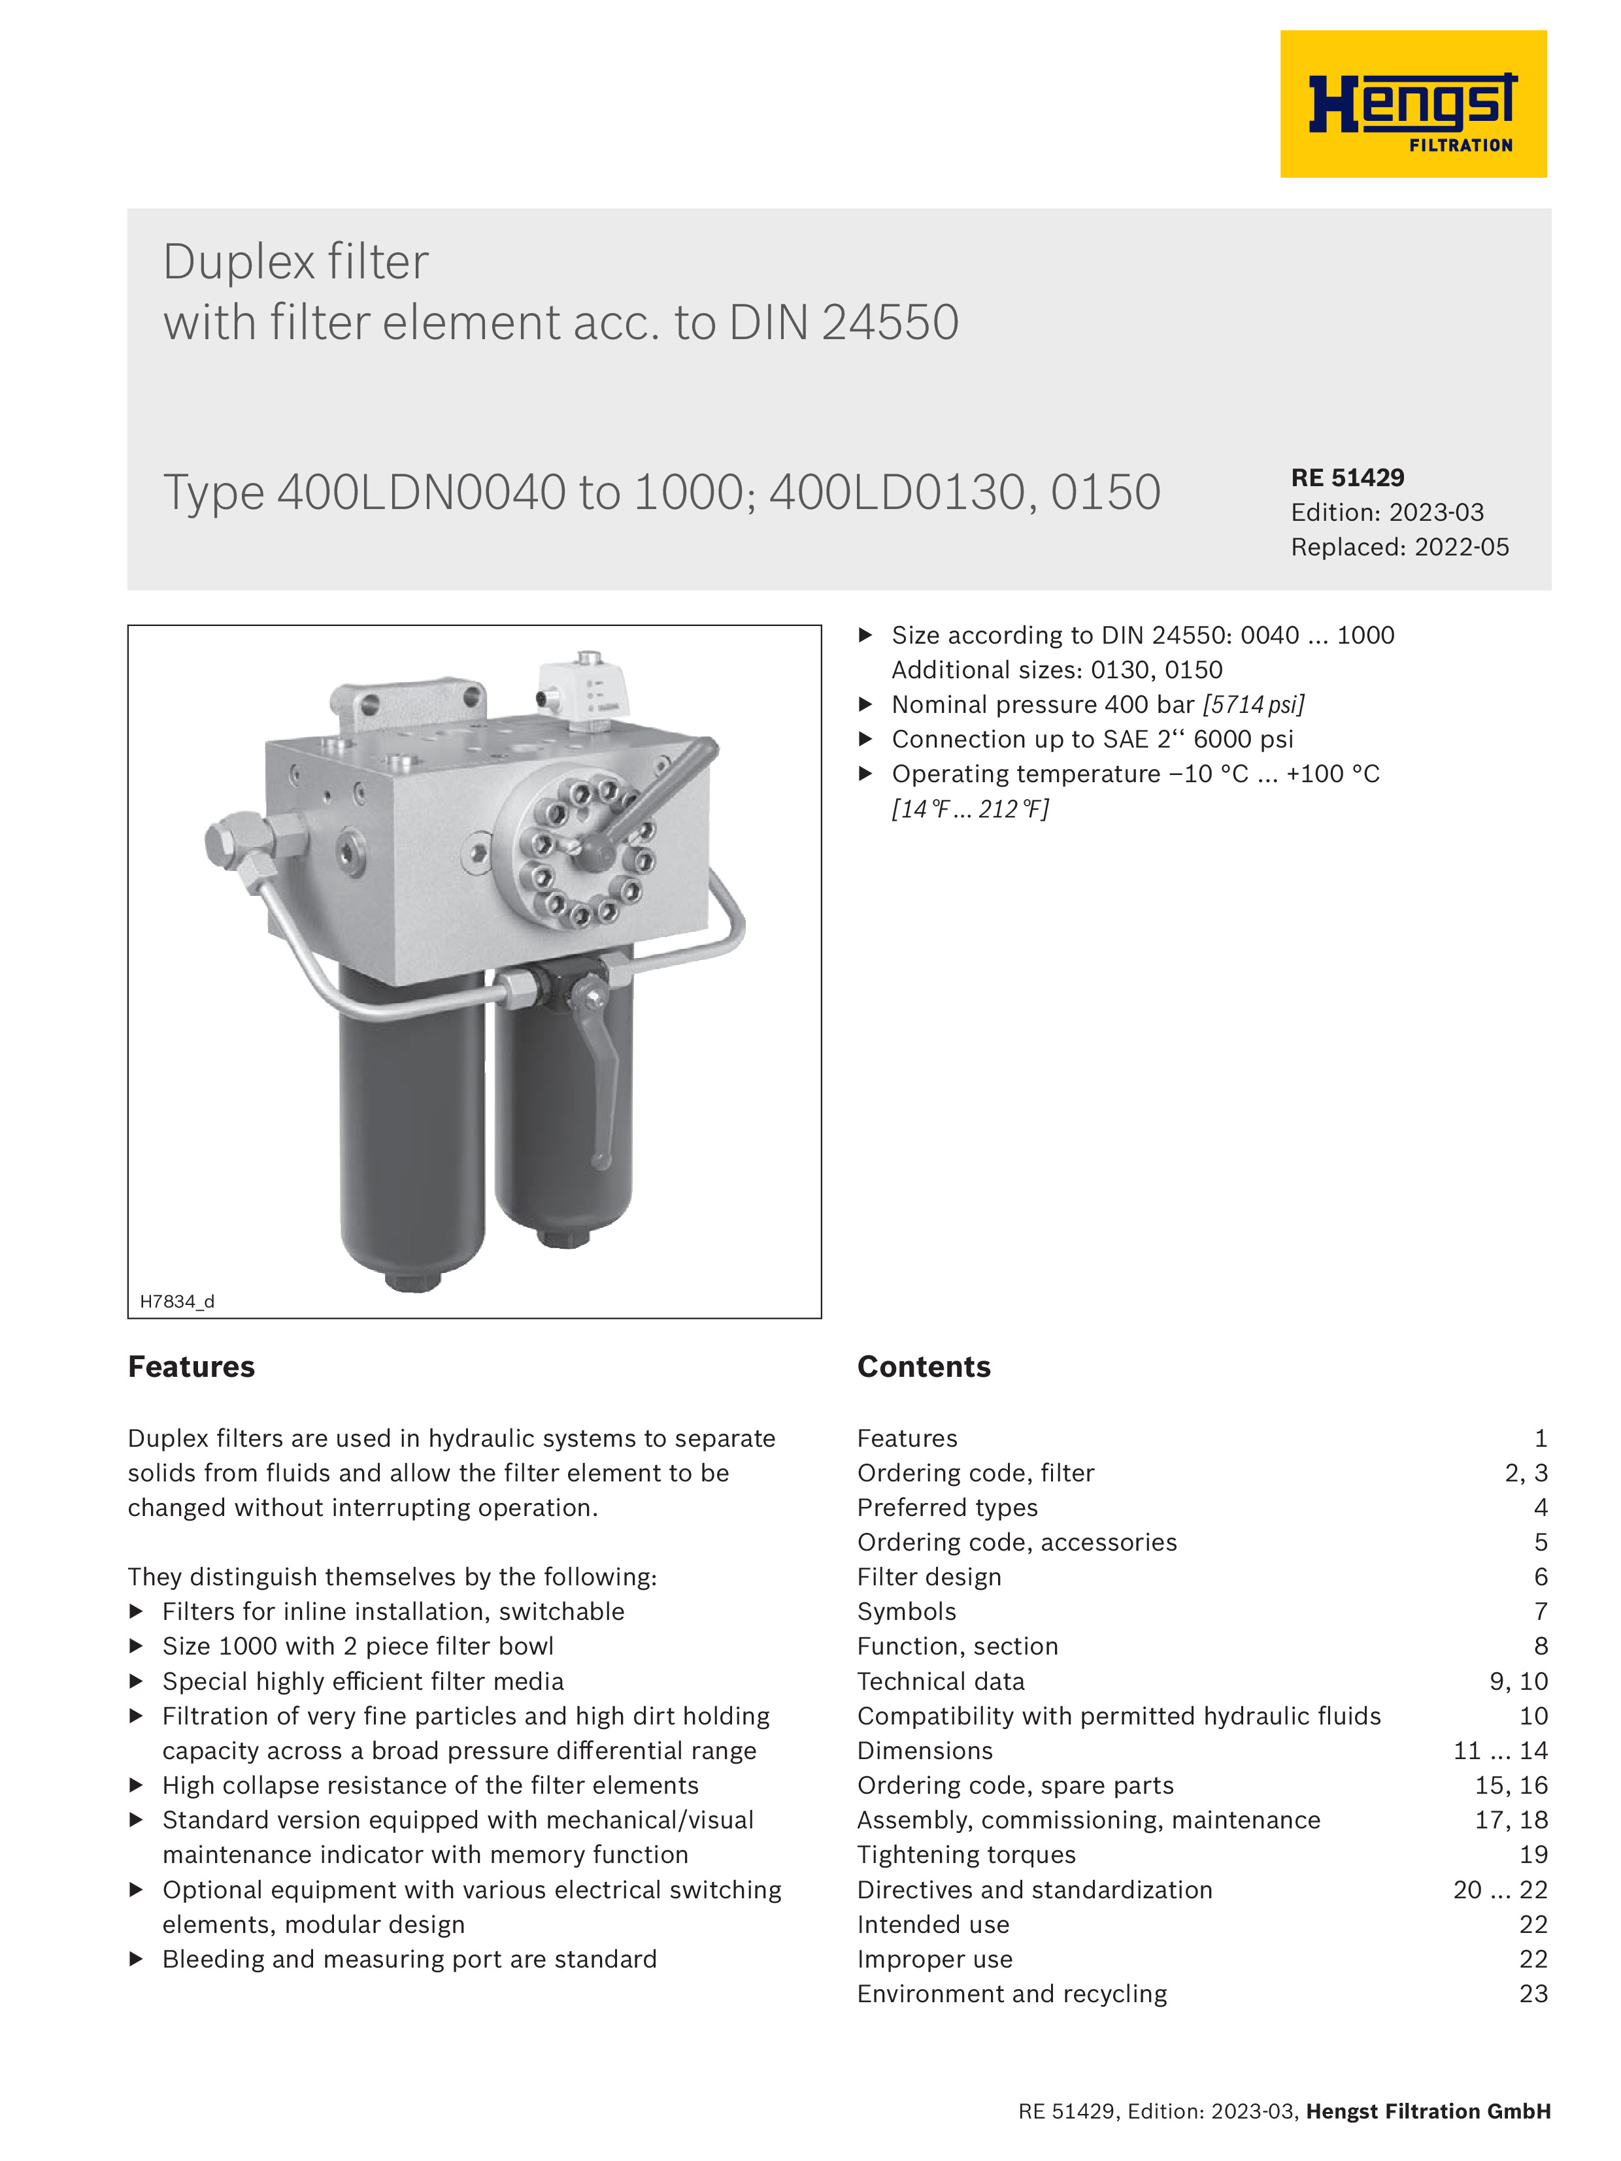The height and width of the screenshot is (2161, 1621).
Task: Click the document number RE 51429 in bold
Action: [1347, 478]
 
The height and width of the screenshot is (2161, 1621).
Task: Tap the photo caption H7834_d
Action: [177, 1301]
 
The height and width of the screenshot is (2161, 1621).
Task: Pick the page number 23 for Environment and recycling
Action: [1533, 1994]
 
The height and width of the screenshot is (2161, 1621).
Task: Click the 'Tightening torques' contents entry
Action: [965, 1855]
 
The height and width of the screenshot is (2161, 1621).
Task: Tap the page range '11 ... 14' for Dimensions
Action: [1500, 1751]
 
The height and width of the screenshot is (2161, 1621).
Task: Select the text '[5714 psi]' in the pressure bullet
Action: [1254, 704]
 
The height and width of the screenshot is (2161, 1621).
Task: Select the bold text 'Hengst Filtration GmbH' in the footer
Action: [1428, 2111]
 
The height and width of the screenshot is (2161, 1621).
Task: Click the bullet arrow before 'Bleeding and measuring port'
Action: [137, 1959]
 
